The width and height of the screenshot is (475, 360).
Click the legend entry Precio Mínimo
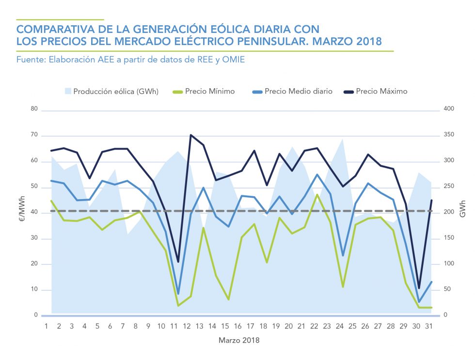pos(210,91)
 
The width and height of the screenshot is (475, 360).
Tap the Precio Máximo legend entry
pos(381,91)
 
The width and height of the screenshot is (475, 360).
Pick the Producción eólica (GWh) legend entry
pos(115,91)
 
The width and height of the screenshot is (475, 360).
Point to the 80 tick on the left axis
pos(34,109)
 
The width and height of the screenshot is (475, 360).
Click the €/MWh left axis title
pos(20,212)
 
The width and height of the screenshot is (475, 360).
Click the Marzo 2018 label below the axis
pos(238,340)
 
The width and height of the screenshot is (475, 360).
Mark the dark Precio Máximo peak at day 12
pos(190,135)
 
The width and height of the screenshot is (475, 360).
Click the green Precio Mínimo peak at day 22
pos(317,195)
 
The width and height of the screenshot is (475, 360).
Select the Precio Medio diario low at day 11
pos(178,294)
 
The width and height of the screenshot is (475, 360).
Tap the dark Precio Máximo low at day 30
pos(419,288)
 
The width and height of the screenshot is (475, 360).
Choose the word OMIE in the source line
pos(234,60)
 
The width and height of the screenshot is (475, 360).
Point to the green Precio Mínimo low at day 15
pos(228,299)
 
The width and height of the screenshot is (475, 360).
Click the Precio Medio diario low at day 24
pos(343,255)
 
